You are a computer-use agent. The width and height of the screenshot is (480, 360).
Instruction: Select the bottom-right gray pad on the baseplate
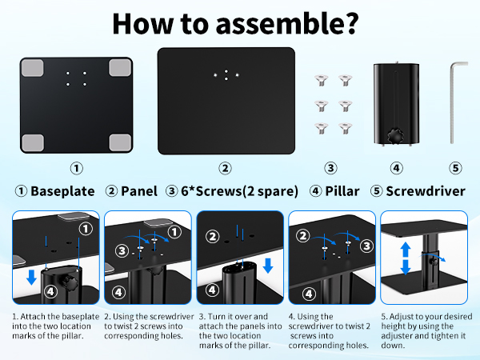(118, 142)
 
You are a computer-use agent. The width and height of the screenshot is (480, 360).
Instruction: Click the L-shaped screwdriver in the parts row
(454, 101)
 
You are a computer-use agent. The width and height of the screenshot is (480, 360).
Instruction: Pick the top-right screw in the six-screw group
(345, 80)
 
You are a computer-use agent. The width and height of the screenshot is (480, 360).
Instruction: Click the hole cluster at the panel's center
(226, 74)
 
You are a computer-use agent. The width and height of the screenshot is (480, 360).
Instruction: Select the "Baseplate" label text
(62, 191)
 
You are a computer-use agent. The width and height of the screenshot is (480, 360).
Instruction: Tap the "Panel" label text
(139, 191)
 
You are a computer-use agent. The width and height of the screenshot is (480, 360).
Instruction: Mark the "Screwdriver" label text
(429, 191)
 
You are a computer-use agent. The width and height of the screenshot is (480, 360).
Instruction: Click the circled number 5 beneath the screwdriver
(454, 168)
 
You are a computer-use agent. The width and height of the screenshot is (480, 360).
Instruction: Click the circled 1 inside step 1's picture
(86, 229)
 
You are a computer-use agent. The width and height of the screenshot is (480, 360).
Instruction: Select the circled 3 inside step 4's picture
(366, 246)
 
